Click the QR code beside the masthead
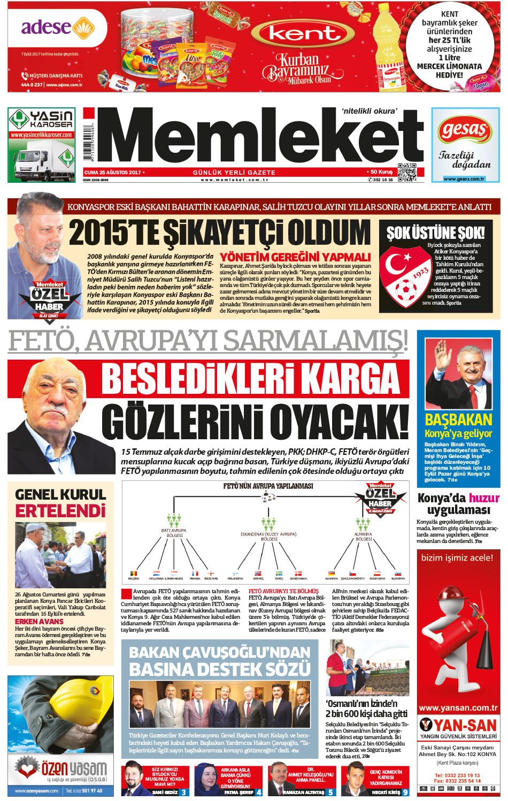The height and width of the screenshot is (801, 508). (x=406, y=172)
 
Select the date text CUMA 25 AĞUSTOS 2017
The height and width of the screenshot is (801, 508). (x=113, y=173)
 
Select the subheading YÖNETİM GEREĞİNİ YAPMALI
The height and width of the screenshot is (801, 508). (x=295, y=257)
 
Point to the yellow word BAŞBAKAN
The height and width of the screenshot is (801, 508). (x=458, y=419)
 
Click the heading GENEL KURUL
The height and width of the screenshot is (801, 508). (x=60, y=494)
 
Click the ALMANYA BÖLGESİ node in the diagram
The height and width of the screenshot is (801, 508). (x=364, y=536)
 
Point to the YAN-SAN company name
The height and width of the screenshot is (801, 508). (x=465, y=725)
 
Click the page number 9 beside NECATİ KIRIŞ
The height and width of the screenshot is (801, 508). (x=405, y=792)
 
